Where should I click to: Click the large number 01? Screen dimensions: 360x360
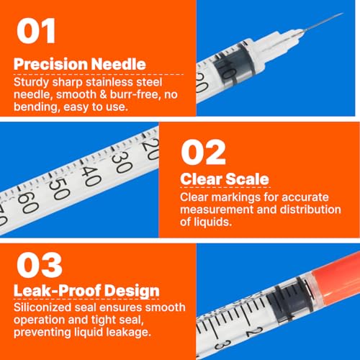pos(36,31)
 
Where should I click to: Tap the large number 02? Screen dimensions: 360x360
pos(203,153)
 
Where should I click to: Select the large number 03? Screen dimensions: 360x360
pos(40,265)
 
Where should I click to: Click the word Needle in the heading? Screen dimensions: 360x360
pos(118,64)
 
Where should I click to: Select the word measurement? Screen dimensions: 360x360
pos(217,210)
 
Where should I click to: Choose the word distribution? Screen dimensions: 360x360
pos(310,210)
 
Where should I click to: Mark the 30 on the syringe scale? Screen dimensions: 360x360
pos(122,163)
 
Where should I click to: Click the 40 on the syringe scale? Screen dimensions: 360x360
pos(91,176)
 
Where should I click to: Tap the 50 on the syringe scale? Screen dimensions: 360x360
pos(59,189)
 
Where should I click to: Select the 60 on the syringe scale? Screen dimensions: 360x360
pos(28,202)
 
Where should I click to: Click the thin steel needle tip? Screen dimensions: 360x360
pos(342,14)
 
